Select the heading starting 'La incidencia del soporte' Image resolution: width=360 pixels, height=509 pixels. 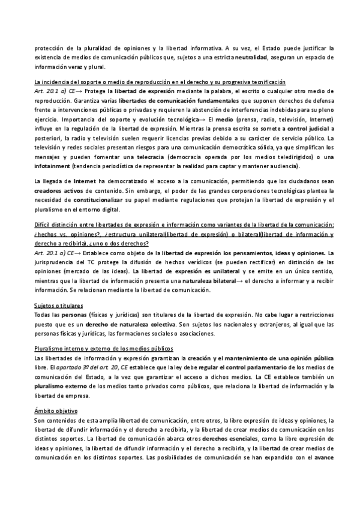coord(160,82)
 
